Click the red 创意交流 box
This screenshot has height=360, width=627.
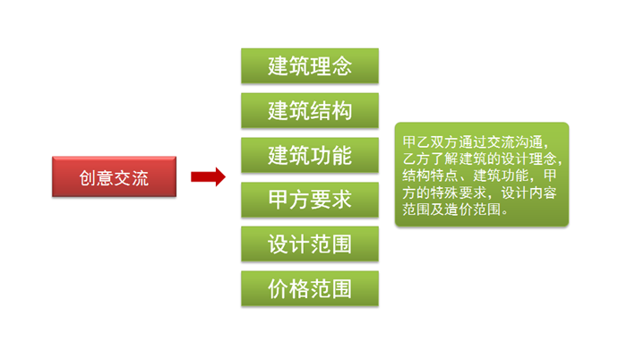[x=114, y=177]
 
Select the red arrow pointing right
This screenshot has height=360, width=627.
[x=208, y=176]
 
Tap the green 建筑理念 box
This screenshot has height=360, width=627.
[x=309, y=66]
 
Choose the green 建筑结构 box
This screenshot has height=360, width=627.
[x=309, y=111]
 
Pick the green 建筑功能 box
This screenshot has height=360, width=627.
[x=309, y=156]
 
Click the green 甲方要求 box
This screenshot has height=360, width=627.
[x=309, y=200]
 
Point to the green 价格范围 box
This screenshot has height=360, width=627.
[x=309, y=288]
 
